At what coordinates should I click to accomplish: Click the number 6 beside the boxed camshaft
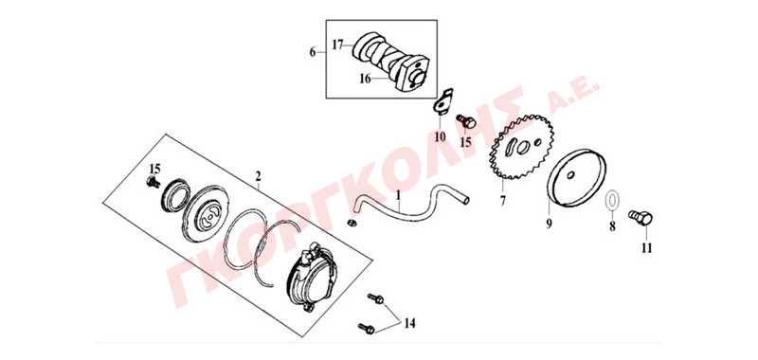point(312,52)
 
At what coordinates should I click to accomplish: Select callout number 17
point(337,45)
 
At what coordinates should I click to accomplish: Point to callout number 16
point(365,79)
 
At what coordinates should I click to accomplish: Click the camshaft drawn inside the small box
point(389,61)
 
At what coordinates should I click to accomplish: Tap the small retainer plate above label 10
point(442,102)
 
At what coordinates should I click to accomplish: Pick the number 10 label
point(440,137)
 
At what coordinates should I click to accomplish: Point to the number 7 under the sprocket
point(503,200)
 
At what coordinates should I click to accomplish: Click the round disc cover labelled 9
point(578,178)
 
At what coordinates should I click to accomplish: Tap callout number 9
point(550,225)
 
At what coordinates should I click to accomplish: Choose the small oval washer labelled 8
point(612,200)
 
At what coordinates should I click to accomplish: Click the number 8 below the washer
point(612,226)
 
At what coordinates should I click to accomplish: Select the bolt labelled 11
point(641,219)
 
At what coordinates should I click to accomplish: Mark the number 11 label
point(647,248)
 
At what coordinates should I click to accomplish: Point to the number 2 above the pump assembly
point(258,175)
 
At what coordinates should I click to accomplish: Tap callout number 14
point(409,323)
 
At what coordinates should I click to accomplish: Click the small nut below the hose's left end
point(352,223)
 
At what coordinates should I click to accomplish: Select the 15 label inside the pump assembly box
point(154,169)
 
